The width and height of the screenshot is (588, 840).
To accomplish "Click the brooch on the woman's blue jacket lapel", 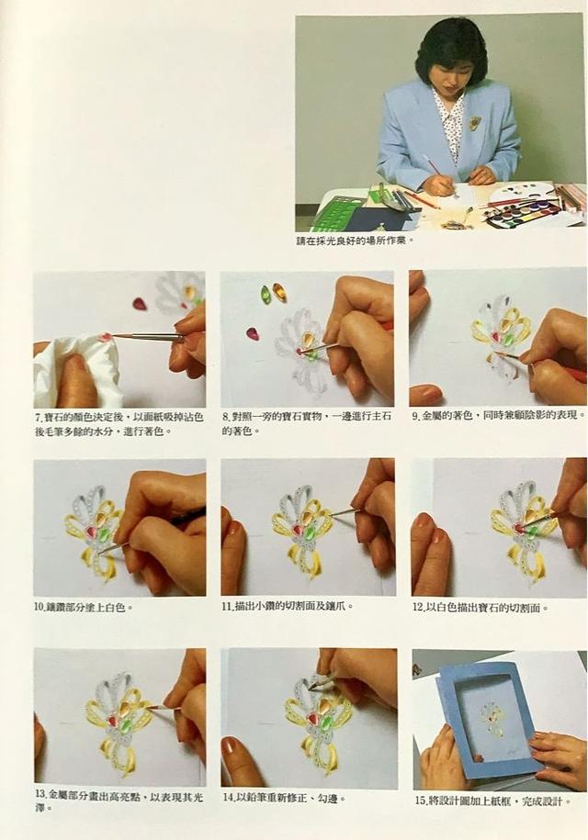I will (x=475, y=123).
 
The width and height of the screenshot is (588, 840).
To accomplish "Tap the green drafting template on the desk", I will (x=342, y=213).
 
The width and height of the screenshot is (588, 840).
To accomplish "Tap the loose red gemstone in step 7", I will (x=140, y=304).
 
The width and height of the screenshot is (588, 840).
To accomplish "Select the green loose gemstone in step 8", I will (x=266, y=294).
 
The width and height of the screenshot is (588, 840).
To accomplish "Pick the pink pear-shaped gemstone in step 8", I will (x=252, y=333).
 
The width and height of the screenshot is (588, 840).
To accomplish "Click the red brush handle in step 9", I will (x=574, y=374).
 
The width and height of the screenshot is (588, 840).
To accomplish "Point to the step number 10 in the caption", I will (x=40, y=607).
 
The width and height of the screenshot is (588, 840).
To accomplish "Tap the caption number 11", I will (x=228, y=607).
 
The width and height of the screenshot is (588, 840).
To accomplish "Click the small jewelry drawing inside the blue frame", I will (x=493, y=719).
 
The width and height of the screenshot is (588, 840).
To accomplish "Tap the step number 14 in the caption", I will (x=228, y=799).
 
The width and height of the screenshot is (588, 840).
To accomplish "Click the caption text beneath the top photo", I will (x=355, y=241).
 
